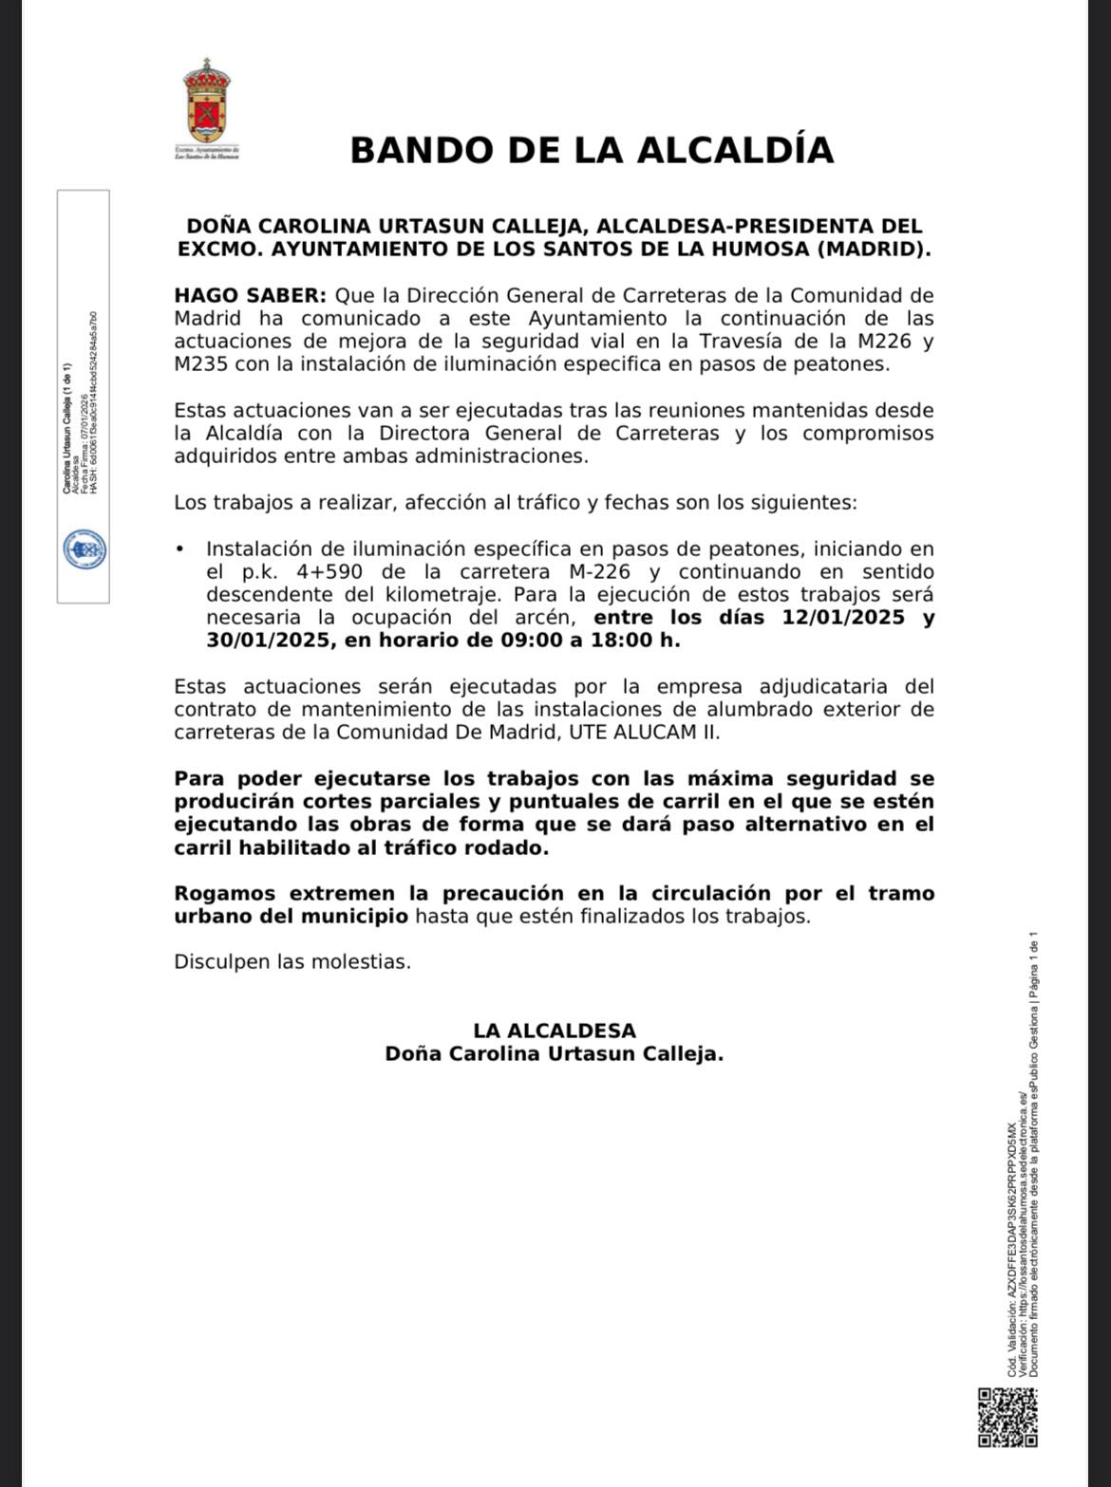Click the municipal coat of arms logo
pyautogui.click(x=207, y=102)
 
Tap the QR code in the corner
pyautogui.click(x=1007, y=1418)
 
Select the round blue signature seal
pyautogui.click(x=84, y=550)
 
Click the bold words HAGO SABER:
pyautogui.click(x=250, y=295)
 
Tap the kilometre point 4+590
pyautogui.click(x=339, y=572)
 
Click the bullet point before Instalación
pyautogui.click(x=179, y=549)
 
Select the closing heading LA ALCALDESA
pyautogui.click(x=555, y=1031)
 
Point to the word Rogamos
pyautogui.click(x=225, y=894)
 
